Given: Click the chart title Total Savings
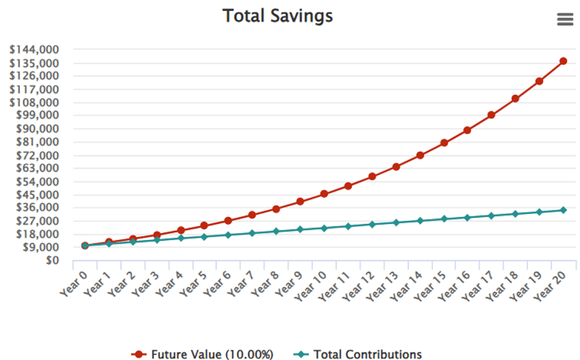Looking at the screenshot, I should point(290,16).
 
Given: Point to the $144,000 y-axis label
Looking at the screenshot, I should point(34,49).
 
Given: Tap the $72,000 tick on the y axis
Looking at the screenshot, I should point(37,155).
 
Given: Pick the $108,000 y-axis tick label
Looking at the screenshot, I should point(34,102).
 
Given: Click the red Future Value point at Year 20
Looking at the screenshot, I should point(563,61).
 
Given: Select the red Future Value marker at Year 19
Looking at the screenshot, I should point(539,81).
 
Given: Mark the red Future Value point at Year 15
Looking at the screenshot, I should point(444,143).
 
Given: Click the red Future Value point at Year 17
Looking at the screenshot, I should point(491,115).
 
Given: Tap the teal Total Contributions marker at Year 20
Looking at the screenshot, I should point(563,210).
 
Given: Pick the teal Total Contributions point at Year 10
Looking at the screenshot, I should point(324,228).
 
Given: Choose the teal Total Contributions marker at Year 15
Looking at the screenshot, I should point(444,219).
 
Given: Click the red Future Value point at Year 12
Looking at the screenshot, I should point(372,176).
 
